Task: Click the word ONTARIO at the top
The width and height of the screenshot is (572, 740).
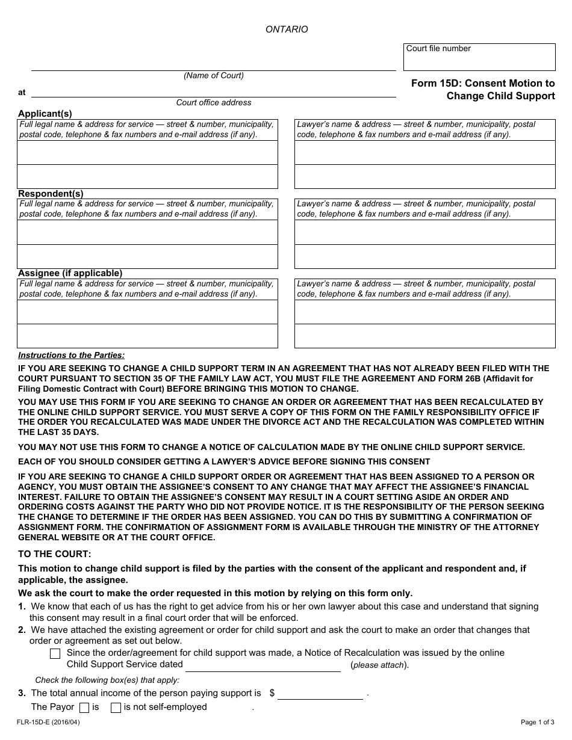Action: pos(287,29)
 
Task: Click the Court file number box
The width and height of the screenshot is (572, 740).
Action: pos(479,58)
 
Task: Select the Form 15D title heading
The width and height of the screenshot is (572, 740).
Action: pos(483,90)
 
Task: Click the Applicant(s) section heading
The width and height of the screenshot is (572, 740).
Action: pos(45,114)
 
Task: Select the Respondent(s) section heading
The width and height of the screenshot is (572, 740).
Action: pos(51,194)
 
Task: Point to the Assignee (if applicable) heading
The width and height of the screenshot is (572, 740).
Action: pos(70,273)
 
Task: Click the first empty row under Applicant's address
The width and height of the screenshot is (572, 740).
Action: pos(148,153)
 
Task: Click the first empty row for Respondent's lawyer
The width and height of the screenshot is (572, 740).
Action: pos(424,232)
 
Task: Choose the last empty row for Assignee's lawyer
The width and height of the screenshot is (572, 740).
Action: pos(424,336)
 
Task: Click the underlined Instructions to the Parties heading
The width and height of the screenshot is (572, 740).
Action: pos(71,356)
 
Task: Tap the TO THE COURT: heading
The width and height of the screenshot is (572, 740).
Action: pos(55,554)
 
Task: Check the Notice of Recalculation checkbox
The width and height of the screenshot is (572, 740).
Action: pos(55,654)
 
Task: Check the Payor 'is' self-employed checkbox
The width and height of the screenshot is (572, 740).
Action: pos(84,708)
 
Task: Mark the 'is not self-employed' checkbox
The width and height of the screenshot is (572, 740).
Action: pos(116,708)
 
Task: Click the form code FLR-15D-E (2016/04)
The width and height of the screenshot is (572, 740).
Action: pos(49,722)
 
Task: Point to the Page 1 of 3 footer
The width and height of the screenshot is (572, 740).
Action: pos(537,722)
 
